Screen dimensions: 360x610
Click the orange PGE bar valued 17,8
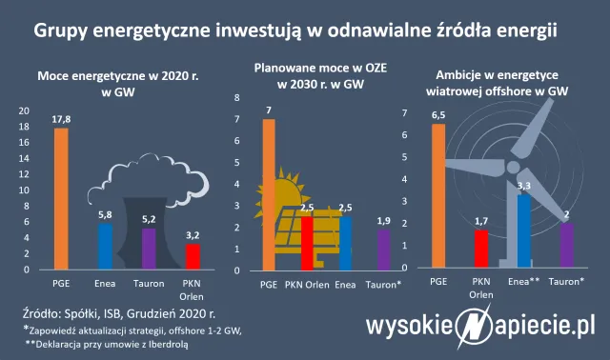tap(61, 199)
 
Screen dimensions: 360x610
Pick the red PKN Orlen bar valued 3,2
tap(193, 257)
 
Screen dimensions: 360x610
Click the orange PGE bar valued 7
tap(269, 194)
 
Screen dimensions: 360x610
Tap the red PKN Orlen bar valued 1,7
tap(481, 249)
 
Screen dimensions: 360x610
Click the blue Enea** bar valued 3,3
tap(523, 231)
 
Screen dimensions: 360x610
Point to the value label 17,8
tap(61, 119)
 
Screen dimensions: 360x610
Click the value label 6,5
tap(438, 115)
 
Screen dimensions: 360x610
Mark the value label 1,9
tap(383, 221)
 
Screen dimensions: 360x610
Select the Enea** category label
tap(525, 283)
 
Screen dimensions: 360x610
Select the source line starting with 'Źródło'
tap(118, 310)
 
